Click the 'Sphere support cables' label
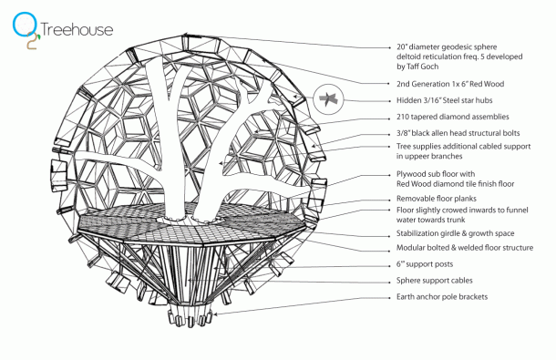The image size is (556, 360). point(434,282)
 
